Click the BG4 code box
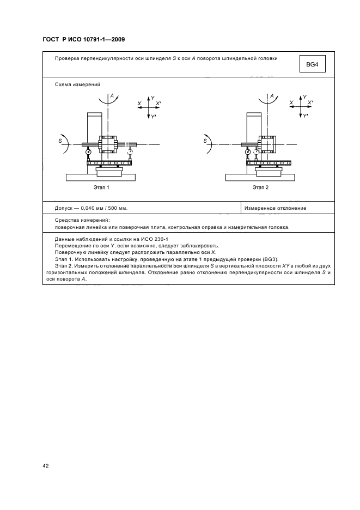coord(313,65)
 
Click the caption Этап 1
coord(101,187)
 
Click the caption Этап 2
coord(260,187)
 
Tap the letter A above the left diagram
coord(112,96)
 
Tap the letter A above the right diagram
coord(271,96)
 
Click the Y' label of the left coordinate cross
coord(153,117)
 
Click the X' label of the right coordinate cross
coord(310,102)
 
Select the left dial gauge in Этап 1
coord(88,153)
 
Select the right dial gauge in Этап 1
coord(130,153)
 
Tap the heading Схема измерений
coord(77,84)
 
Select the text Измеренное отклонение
coord(275,208)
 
